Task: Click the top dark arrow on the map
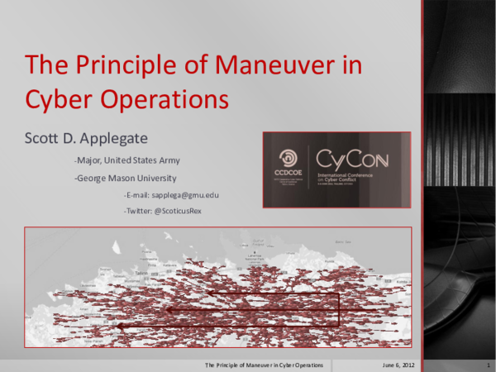coord(273,293)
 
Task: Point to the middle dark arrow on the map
coord(248,310)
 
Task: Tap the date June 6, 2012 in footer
coord(399,365)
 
